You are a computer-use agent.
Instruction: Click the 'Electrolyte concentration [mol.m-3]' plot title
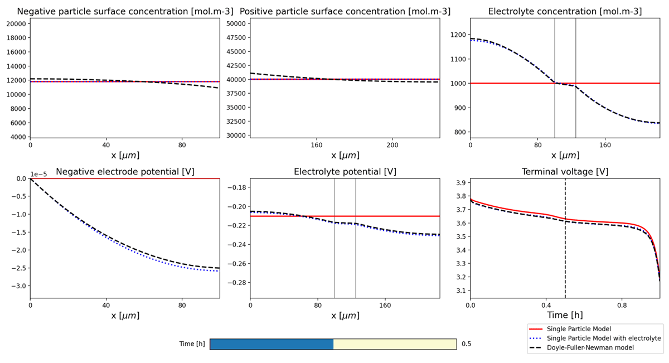[x=565, y=12]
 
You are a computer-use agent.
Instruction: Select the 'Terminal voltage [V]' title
[x=565, y=172]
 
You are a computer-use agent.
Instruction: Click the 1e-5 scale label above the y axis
[x=39, y=175]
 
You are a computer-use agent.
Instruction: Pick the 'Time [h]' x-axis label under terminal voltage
[x=565, y=315]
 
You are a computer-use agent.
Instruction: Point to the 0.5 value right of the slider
[x=467, y=344]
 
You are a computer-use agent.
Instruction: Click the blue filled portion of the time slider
[x=272, y=344]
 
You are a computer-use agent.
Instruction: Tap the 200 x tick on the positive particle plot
[x=392, y=146]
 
